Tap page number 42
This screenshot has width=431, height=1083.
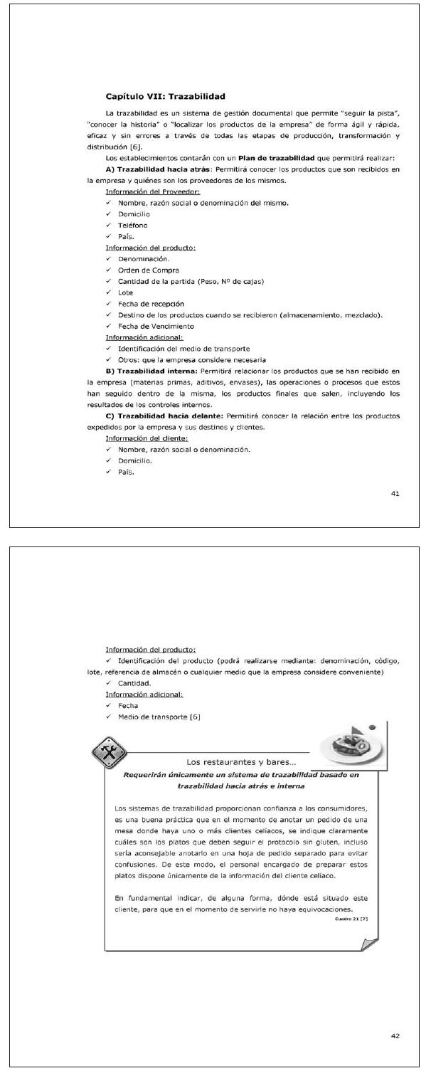click(x=395, y=1035)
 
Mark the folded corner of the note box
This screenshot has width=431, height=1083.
click(x=370, y=944)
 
